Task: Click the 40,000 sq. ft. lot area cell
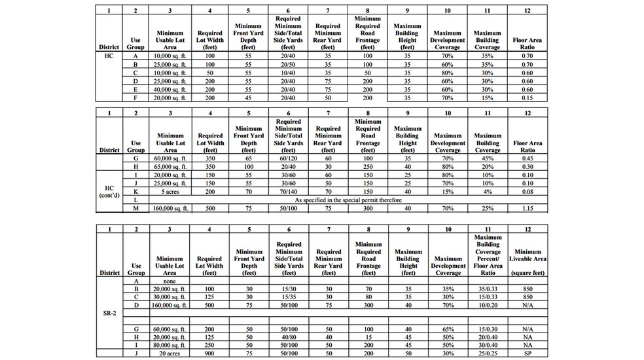[x=170, y=89]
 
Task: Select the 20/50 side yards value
[x=288, y=64]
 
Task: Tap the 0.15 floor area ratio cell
[x=527, y=98]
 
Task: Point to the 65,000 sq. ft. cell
[x=170, y=166]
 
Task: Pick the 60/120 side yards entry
[x=288, y=158]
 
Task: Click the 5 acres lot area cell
[x=170, y=192]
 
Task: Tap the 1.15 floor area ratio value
[x=527, y=208]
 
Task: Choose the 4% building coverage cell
[x=487, y=192]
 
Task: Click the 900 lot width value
[x=209, y=353]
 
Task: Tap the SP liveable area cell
[x=527, y=353]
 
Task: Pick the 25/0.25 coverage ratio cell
[x=487, y=353]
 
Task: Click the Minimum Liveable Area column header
[x=527, y=259]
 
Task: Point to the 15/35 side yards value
[x=288, y=297]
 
